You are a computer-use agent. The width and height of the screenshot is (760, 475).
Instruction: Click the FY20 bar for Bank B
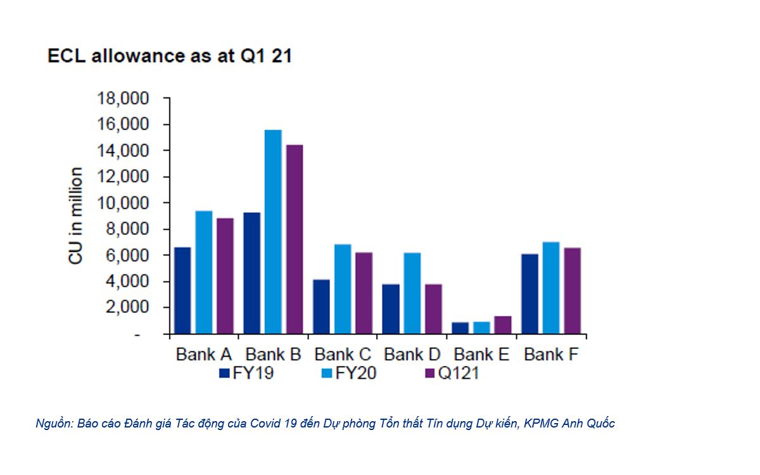point(272,231)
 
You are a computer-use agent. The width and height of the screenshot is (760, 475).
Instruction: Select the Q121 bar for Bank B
point(294,239)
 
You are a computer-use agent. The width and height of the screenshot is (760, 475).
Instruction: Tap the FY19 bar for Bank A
point(182,290)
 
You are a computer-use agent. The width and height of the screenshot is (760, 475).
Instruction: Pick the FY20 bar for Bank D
point(412,293)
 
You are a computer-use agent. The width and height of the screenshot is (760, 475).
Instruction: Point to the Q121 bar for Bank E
point(502,324)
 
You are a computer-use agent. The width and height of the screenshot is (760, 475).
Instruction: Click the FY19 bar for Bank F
point(530,293)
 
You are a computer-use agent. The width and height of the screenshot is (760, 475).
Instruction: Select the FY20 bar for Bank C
point(342,288)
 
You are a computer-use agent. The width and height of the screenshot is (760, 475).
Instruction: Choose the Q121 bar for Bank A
point(225,275)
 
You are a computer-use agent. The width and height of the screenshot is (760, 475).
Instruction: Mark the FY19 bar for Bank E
point(460,327)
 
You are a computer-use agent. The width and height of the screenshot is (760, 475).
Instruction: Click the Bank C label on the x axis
point(343,354)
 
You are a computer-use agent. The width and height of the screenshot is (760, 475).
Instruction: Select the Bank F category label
point(551,354)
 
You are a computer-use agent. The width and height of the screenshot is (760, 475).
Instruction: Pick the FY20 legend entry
point(348,374)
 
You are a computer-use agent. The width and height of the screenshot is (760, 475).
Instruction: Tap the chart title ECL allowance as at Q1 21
point(170,56)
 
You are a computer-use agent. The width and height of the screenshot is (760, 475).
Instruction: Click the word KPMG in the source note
point(544,424)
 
